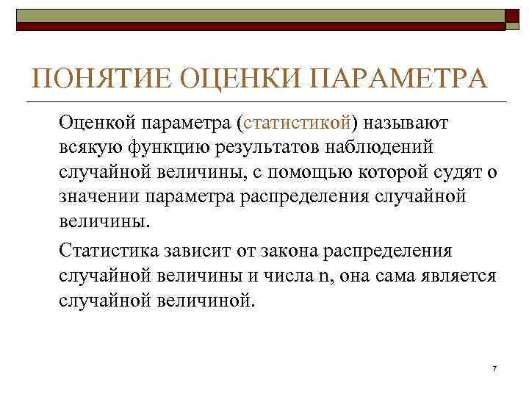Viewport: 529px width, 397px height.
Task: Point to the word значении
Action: pos(98,197)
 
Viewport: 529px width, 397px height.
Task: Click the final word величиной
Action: pos(207,301)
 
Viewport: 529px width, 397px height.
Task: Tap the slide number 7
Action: pos(494,368)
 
